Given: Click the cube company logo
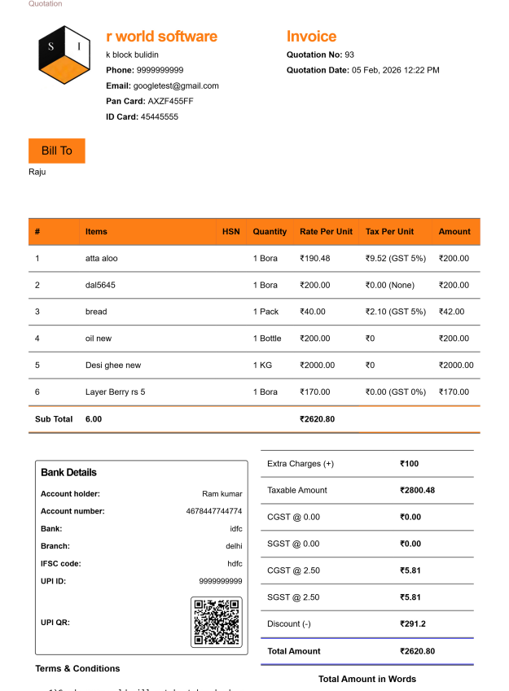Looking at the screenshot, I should pyautogui.click(x=64, y=55).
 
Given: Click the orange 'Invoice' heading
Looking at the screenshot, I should pyautogui.click(x=311, y=37).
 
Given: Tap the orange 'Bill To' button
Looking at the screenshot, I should pyautogui.click(x=56, y=151).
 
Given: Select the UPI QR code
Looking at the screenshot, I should pyautogui.click(x=217, y=623).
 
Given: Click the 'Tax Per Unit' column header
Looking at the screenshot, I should pyautogui.click(x=389, y=232).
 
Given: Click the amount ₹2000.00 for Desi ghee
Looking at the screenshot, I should pyautogui.click(x=456, y=365).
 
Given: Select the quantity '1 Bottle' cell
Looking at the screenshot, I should pyautogui.click(x=267, y=339).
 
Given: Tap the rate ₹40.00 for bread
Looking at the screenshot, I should pyautogui.click(x=313, y=312).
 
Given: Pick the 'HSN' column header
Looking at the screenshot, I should pyautogui.click(x=231, y=232).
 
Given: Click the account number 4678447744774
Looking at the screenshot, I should pyautogui.click(x=214, y=511).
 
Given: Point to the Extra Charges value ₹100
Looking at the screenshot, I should pyautogui.click(x=409, y=464).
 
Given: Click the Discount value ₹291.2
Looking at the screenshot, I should pyautogui.click(x=413, y=624).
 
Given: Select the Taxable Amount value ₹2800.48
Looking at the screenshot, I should pyautogui.click(x=417, y=491).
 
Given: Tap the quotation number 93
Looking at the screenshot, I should pyautogui.click(x=349, y=55).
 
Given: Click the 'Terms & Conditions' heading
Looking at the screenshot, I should pyautogui.click(x=77, y=669).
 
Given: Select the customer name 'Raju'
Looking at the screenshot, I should pyautogui.click(x=37, y=172).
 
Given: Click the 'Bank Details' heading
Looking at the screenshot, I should pyautogui.click(x=68, y=472).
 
